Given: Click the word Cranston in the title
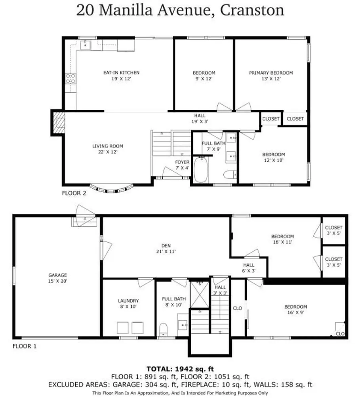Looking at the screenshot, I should coord(252,10).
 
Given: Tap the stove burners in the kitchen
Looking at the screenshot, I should coord(71,79).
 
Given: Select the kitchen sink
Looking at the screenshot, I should coord(86,44).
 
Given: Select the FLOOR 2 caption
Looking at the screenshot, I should coord(74,193).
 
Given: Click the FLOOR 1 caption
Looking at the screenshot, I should coord(25,346).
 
